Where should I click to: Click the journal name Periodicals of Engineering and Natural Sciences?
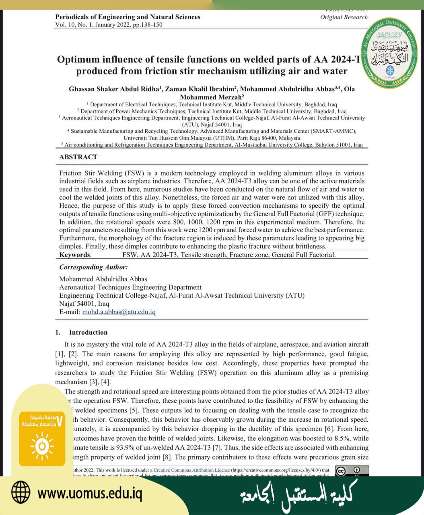[x=128, y=17]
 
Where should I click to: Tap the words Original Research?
[x=344, y=17]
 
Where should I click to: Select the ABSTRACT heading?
[x=78, y=157]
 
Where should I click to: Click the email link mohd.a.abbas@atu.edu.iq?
[x=119, y=312]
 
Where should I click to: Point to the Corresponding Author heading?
[x=93, y=267]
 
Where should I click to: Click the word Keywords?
[x=75, y=255]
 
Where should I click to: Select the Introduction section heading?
[x=88, y=332]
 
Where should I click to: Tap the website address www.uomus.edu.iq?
[x=90, y=493]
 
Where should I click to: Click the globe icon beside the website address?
[x=21, y=492]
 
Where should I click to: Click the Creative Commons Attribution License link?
[x=191, y=470]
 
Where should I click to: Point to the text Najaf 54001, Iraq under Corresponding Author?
[x=84, y=304]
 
